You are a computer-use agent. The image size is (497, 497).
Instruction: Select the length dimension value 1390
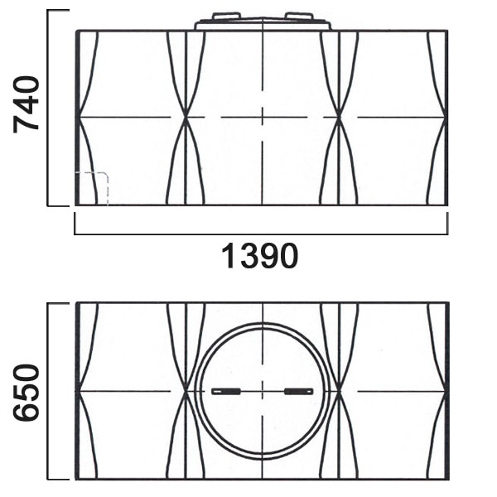[259, 257]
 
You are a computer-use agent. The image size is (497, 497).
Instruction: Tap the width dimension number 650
[28, 392]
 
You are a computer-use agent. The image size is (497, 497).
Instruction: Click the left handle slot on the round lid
[225, 391]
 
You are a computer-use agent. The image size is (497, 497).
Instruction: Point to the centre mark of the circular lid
[262, 390]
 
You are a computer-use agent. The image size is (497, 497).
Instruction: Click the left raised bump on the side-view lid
[225, 16]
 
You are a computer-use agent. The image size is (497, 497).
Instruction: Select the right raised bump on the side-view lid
[299, 16]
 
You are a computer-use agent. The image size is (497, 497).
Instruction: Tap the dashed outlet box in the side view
[92, 188]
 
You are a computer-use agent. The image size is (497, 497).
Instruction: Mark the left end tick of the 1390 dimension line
[75, 224]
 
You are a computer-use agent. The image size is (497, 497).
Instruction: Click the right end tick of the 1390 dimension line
[447, 224]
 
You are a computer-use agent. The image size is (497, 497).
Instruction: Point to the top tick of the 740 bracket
[58, 11]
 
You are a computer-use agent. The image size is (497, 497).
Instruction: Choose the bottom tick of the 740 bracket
[58, 205]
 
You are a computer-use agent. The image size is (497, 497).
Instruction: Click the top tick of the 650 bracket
[58, 303]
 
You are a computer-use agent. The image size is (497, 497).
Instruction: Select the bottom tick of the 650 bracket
[58, 478]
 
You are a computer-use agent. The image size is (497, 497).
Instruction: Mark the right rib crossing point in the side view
[339, 117]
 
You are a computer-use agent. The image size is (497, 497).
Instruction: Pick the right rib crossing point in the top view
[339, 390]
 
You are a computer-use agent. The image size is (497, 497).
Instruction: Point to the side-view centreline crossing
[262, 117]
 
